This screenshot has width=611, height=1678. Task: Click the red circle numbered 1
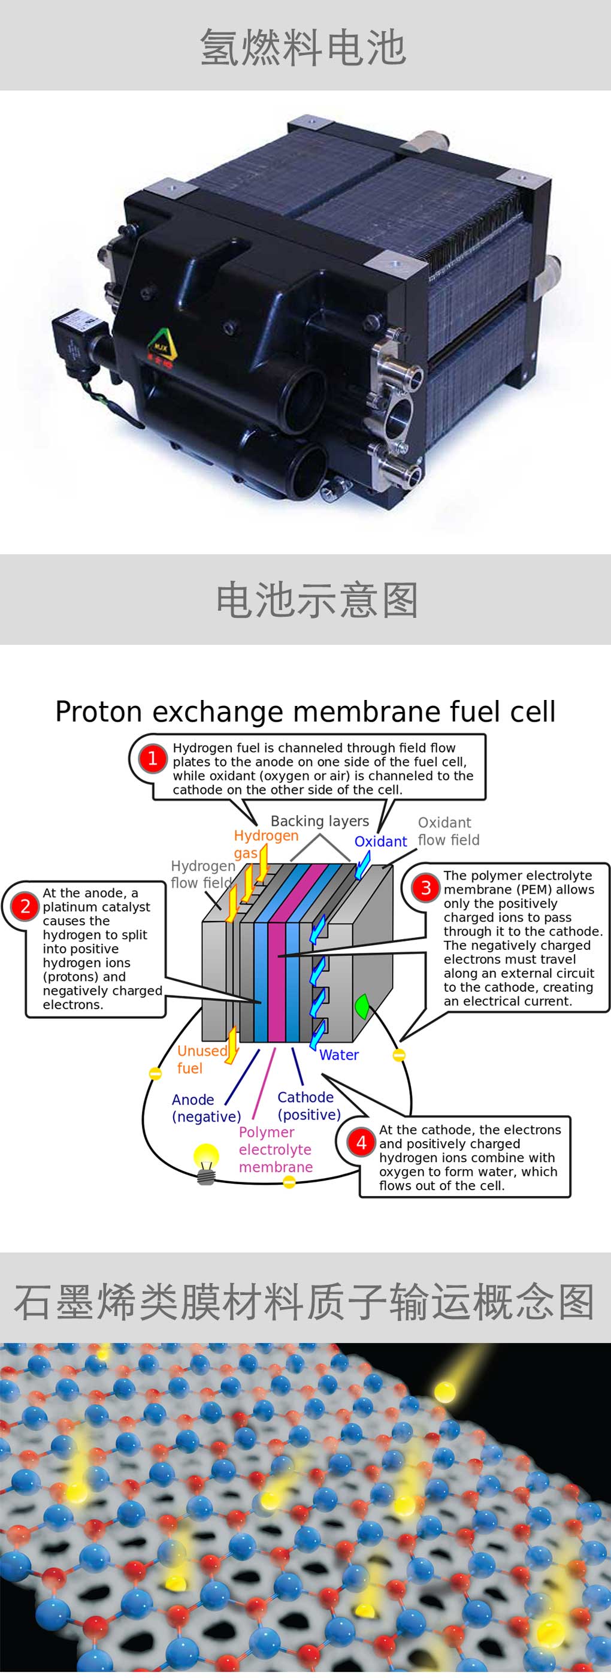[x=152, y=758]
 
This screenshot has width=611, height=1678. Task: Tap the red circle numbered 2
[x=25, y=906]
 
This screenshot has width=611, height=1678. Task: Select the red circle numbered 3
[x=426, y=888]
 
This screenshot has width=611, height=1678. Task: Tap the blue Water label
[x=338, y=1055]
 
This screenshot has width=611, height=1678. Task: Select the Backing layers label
[x=319, y=821]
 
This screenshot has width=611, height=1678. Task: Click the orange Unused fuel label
[x=201, y=1059]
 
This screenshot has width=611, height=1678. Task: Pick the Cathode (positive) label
[x=308, y=1106]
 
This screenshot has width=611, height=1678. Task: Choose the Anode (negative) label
[x=206, y=1107]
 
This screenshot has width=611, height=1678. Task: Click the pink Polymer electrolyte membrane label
[x=276, y=1149]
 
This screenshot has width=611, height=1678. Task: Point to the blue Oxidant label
[x=380, y=841]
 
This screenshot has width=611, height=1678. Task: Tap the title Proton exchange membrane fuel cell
[x=305, y=711]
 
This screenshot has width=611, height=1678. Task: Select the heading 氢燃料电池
[x=304, y=47]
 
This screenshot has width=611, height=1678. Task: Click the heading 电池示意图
[x=317, y=599]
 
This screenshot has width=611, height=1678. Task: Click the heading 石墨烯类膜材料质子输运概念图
[x=304, y=1302]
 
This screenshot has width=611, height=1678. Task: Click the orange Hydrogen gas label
[x=264, y=844]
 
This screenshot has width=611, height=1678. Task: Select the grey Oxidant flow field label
[x=448, y=831]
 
